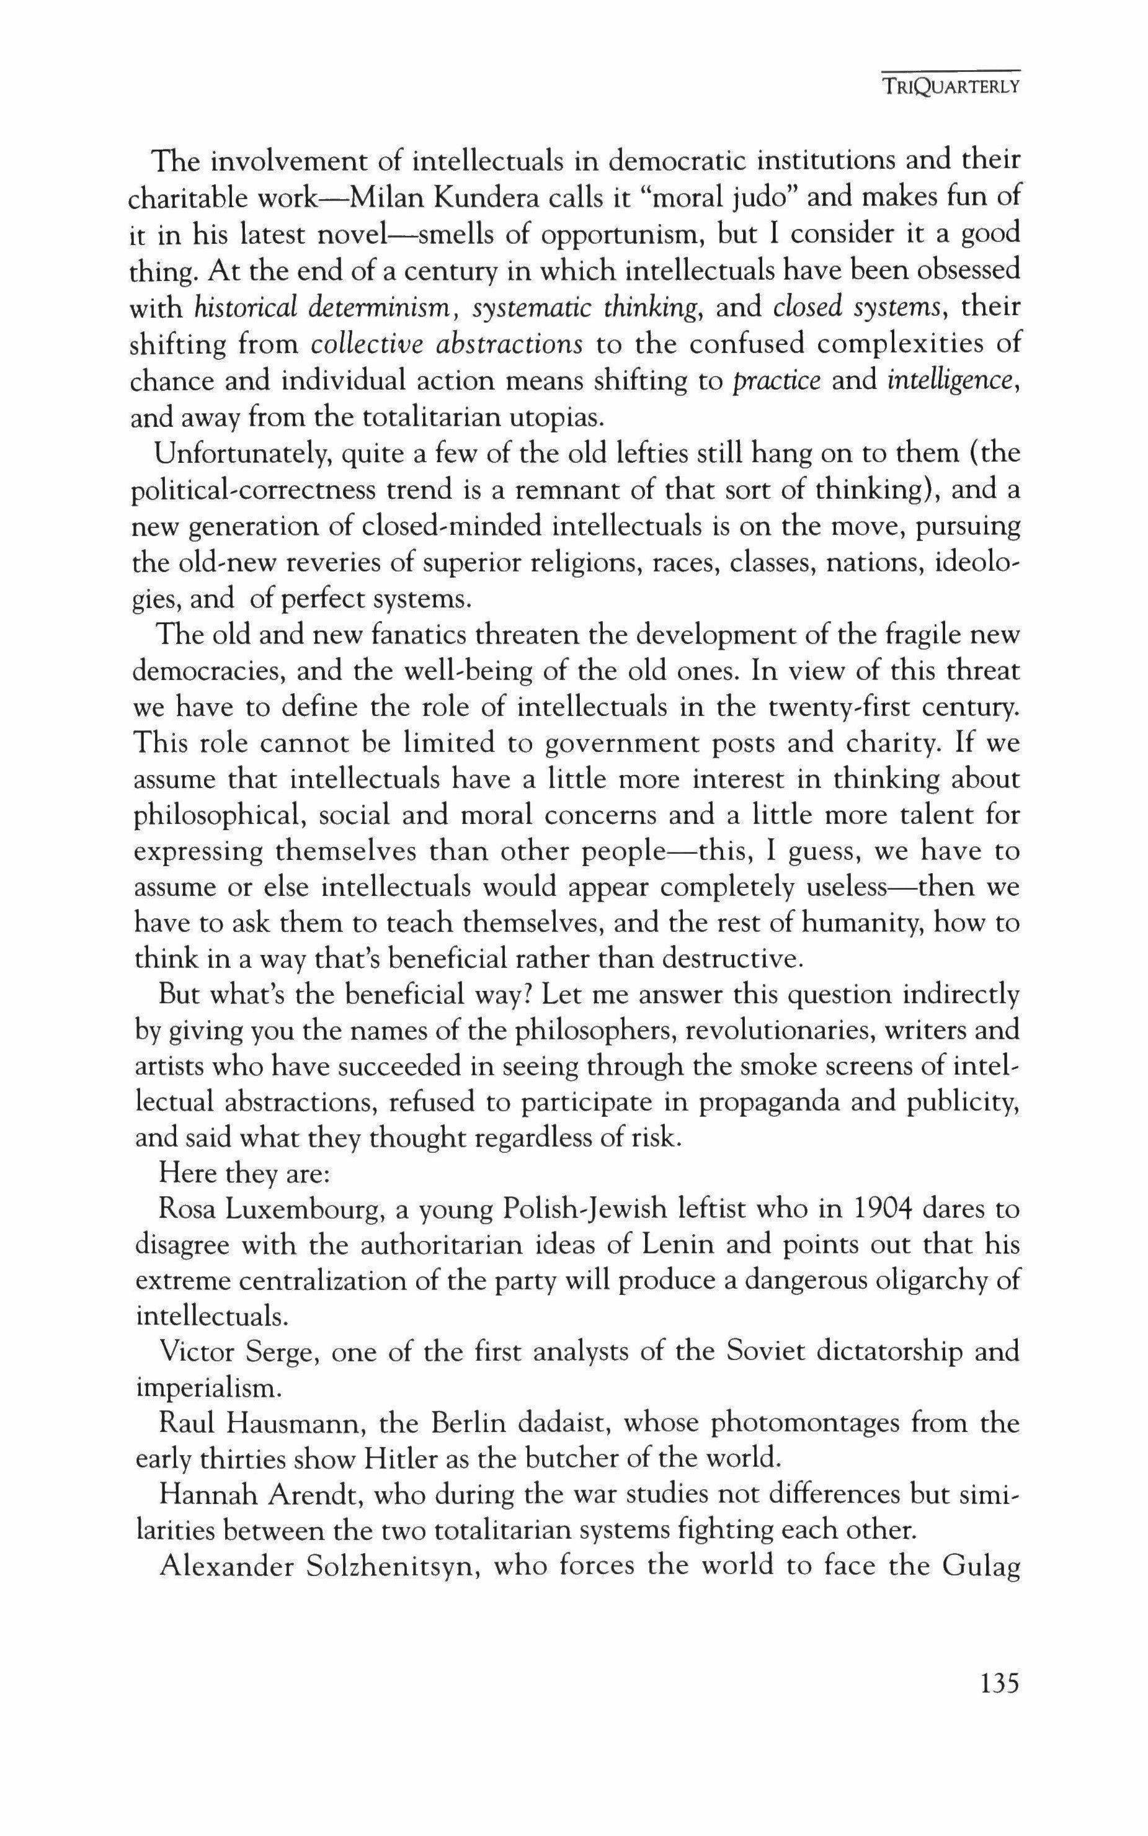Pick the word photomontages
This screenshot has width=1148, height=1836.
pos(803,1424)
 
